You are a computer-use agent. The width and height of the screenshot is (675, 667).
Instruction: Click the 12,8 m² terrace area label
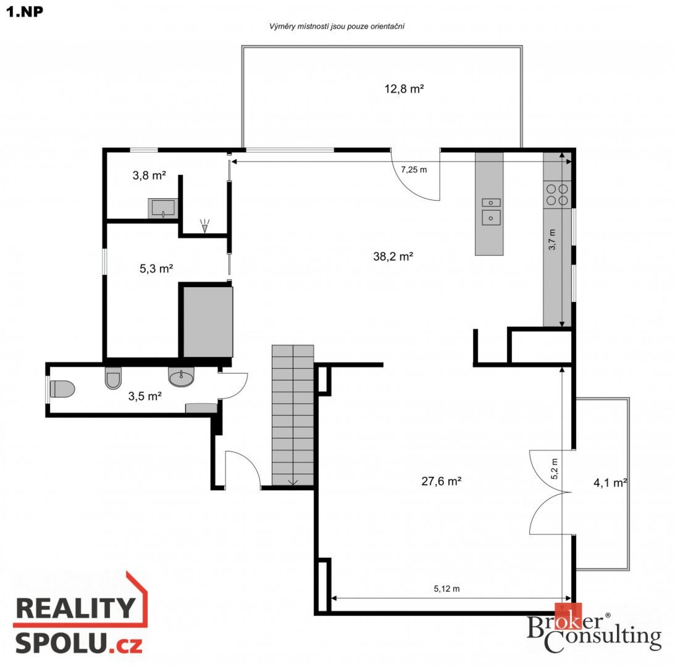(x=404, y=89)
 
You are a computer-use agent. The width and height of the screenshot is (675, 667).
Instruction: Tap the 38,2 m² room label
(x=393, y=256)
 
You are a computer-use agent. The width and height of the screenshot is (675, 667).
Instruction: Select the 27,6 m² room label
(x=441, y=481)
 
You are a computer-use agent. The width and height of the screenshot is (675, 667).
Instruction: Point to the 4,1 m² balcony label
(x=610, y=483)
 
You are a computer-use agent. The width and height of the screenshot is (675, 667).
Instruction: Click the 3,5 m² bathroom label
(x=145, y=396)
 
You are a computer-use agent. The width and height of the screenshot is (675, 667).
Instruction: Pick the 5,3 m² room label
(x=156, y=269)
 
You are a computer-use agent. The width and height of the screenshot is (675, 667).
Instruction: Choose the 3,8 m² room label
(x=149, y=175)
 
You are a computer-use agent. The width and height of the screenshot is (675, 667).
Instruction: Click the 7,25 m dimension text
(x=414, y=170)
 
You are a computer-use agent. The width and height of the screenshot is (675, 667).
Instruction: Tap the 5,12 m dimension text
(x=446, y=589)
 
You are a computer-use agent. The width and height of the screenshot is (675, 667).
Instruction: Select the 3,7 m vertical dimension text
(x=552, y=239)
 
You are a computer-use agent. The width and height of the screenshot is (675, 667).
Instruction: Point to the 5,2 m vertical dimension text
(x=554, y=469)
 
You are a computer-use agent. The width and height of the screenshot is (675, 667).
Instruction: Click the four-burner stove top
(x=557, y=195)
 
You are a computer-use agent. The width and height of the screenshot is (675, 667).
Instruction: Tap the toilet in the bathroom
(x=63, y=389)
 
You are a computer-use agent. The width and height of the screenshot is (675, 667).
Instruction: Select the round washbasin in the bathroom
(x=181, y=377)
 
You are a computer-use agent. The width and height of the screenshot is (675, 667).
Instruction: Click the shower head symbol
(x=205, y=226)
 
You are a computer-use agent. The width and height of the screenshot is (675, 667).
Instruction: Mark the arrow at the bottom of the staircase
(x=293, y=482)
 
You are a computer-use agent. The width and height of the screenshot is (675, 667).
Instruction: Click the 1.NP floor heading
(x=25, y=12)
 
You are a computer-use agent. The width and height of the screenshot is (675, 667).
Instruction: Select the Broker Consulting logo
(x=594, y=632)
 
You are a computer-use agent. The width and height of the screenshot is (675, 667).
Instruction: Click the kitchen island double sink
(x=491, y=212)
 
